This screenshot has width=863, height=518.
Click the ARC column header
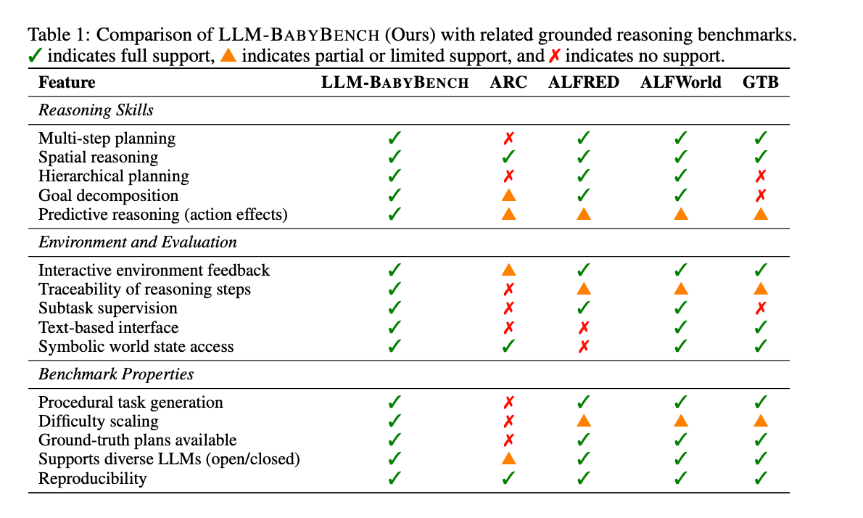tap(508, 82)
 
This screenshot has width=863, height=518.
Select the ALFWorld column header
tap(680, 82)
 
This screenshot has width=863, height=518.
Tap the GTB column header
tap(760, 82)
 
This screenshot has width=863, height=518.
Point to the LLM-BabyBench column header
tap(395, 82)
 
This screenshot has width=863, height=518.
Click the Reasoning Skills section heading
tap(96, 110)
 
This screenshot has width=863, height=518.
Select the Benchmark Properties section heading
tap(116, 374)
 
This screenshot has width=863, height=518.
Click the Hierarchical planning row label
tap(113, 176)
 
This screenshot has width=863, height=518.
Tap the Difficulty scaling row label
tap(98, 421)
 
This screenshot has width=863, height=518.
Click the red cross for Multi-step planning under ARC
tap(509, 138)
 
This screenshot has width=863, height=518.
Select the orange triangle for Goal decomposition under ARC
tap(509, 194)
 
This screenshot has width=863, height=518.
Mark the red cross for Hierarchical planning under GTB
tap(761, 176)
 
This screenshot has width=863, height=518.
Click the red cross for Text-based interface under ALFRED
tap(584, 327)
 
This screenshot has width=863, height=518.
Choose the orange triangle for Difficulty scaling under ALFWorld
tap(681, 421)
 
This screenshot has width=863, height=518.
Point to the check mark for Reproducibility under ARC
tap(509, 478)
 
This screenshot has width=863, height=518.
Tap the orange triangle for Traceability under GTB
tap(761, 289)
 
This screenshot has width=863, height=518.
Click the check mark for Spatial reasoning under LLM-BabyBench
tap(395, 157)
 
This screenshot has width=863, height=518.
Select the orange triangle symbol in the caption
tap(228, 56)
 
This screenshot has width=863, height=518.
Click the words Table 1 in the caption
tap(57, 35)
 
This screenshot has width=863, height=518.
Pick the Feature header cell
tap(67, 82)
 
